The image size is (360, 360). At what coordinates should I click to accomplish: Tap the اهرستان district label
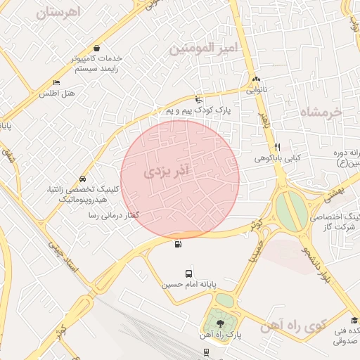pyautogui.click(x=58, y=12)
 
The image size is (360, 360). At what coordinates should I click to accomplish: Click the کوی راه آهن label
pyautogui.click(x=293, y=326)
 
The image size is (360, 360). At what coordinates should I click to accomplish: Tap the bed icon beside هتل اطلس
pyautogui.click(x=57, y=84)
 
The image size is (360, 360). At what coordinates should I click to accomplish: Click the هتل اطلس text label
pyautogui.click(x=57, y=94)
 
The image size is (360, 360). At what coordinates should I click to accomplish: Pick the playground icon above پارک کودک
pyautogui.click(x=198, y=100)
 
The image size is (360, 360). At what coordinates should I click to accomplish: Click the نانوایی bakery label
pyautogui.click(x=256, y=91)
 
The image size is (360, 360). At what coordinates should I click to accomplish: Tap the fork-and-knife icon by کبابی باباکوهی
pyautogui.click(x=278, y=147)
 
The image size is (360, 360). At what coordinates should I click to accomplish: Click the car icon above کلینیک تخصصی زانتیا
pyautogui.click(x=84, y=179)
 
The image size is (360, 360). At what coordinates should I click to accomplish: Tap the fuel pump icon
pyautogui.click(x=176, y=244)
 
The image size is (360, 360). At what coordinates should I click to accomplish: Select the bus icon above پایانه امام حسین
pyautogui.click(x=188, y=274)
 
